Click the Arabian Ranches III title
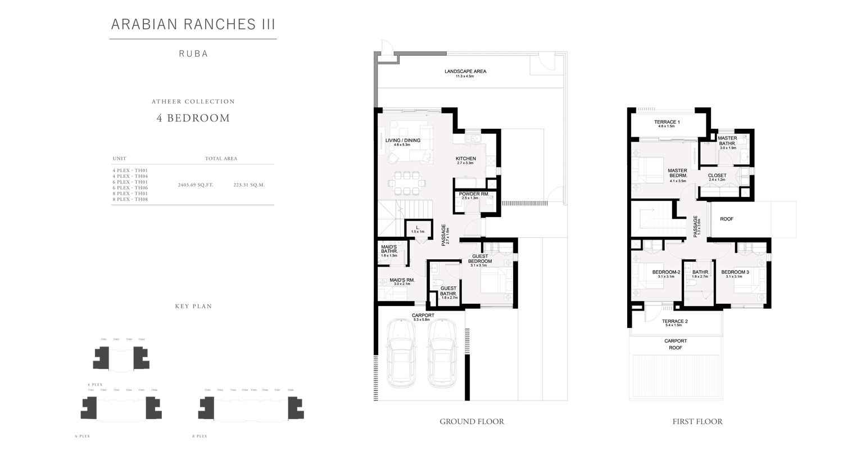pos(193,24)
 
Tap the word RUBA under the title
pos(193,54)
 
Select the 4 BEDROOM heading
pos(193,118)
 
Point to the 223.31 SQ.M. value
pos(249,184)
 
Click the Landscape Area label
pos(465,72)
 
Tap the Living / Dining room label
pos(403,141)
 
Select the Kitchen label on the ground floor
pos(466,159)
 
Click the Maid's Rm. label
pos(402,280)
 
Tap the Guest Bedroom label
pos(480,259)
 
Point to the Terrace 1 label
pos(667,122)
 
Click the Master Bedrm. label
pos(677,174)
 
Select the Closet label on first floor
pos(717,175)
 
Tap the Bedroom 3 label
pos(735,273)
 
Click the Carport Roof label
pos(676,344)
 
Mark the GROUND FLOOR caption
pos(472,421)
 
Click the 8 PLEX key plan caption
pos(200,436)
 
